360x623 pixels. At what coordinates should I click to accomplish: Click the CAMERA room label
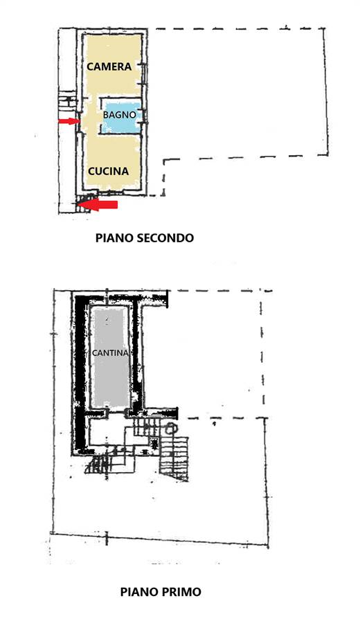click(109, 66)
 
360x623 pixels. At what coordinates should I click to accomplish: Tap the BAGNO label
click(120, 115)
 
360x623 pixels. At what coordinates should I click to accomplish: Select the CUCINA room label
click(109, 171)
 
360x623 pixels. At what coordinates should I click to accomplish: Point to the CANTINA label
click(110, 353)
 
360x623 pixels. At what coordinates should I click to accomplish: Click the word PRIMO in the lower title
click(182, 592)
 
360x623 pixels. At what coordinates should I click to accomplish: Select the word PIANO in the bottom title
click(140, 592)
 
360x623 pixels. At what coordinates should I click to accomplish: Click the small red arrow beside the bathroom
click(69, 121)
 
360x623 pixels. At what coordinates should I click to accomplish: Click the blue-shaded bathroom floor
click(122, 118)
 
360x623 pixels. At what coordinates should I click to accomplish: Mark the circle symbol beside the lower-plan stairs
click(170, 428)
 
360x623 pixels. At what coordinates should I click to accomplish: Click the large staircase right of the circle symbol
click(174, 457)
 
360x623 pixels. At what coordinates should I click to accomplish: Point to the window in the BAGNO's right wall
click(143, 116)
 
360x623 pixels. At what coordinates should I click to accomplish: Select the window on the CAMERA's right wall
click(143, 73)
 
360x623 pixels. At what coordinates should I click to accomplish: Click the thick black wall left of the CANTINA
click(80, 374)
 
